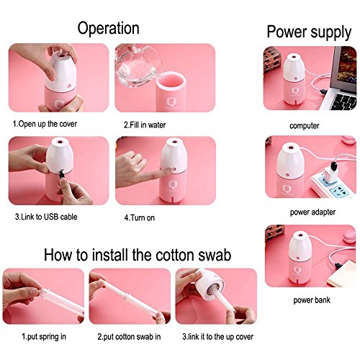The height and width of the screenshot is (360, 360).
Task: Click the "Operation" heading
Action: [x=108, y=29]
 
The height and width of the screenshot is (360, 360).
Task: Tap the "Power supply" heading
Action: [x=309, y=32]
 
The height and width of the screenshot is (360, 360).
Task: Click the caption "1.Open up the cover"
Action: [x=45, y=124]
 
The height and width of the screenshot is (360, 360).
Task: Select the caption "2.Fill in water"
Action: [x=145, y=125]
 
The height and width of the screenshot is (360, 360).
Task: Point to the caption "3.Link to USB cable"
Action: [x=46, y=217]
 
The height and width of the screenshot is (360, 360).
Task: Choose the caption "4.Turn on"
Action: [x=140, y=217]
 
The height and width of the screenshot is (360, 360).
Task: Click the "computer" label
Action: [x=305, y=126]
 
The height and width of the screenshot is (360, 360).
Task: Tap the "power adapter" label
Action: [x=312, y=212]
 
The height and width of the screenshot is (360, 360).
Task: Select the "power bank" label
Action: [x=312, y=300]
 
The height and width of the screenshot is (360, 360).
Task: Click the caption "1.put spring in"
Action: [x=44, y=337]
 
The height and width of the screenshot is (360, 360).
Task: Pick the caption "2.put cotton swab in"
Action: [x=129, y=337]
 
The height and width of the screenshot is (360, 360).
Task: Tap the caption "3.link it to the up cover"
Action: [x=217, y=337]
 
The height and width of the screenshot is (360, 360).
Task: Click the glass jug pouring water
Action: [x=137, y=65]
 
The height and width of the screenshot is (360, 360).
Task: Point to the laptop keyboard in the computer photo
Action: [x=343, y=101]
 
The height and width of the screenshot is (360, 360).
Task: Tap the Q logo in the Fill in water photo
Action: [x=171, y=102]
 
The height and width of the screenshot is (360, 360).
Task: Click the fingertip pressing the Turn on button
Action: [x=171, y=170]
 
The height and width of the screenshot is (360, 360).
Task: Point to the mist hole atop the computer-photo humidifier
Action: [x=292, y=58]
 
